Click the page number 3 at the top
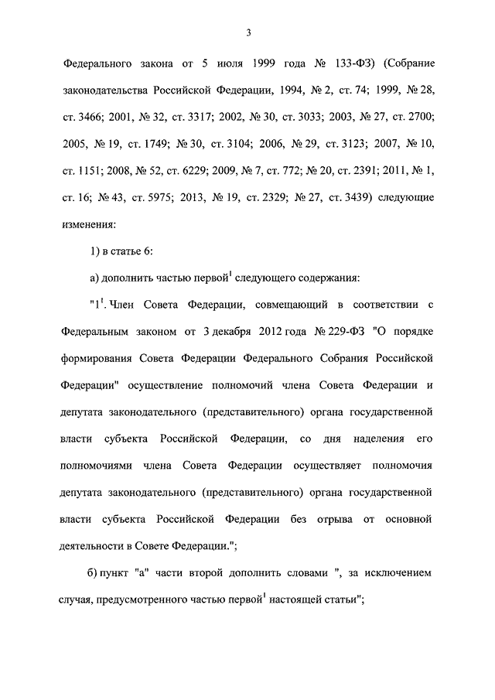(x=247, y=32)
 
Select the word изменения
(x=90, y=225)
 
